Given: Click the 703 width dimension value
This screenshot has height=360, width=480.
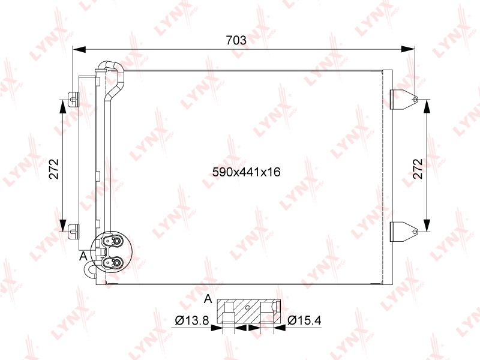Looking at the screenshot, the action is coord(236,40).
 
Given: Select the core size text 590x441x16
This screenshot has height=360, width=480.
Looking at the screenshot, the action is coord(247,172).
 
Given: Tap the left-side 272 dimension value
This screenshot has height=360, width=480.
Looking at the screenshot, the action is coord(54,169).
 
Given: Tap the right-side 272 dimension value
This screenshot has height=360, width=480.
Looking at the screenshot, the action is coord(417,169).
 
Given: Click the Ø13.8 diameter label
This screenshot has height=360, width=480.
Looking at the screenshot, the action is coord(192,320).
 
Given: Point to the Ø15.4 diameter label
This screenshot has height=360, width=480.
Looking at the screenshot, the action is coord(304,320).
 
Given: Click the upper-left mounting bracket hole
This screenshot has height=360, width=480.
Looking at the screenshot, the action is coord(72,100).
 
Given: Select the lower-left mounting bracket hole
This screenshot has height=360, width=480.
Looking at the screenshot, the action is coord(72,232).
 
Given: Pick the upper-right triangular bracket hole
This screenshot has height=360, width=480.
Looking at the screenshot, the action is coord(415,100).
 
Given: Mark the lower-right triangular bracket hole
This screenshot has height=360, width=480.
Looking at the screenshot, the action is coord(415,232).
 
